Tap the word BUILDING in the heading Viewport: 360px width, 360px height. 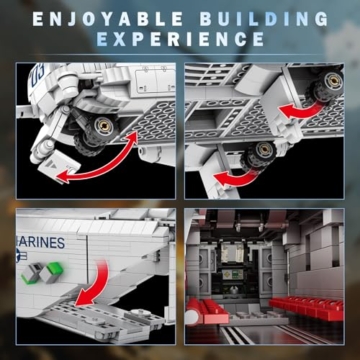[264, 19]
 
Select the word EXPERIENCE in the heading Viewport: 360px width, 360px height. [180, 39]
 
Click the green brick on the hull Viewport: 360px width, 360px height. [54, 269]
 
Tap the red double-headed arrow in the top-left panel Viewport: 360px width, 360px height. [97, 158]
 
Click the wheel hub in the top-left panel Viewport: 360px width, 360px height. [103, 126]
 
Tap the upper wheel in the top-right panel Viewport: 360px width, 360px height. [325, 84]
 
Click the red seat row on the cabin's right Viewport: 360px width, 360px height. [306, 308]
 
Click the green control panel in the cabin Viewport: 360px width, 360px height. [232, 274]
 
